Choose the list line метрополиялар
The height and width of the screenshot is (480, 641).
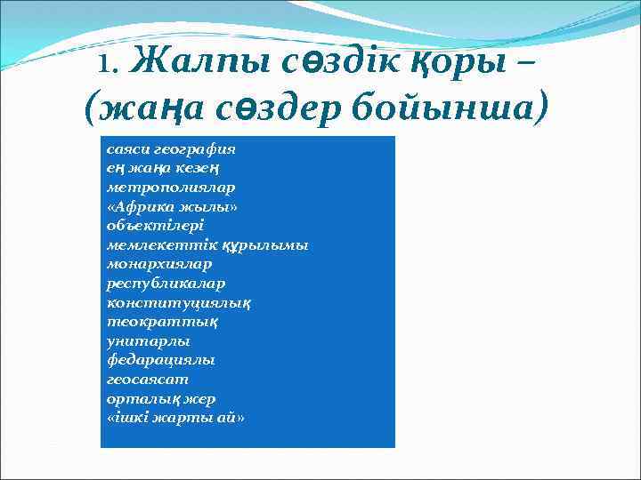point(158,188)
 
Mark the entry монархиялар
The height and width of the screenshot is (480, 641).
point(159,264)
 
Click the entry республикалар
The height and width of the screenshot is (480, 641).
point(166,283)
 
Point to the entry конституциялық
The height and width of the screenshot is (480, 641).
point(178,302)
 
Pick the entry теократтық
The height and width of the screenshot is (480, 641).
point(150,321)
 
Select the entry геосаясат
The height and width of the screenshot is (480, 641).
point(147,379)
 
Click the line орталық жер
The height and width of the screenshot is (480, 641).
point(160,398)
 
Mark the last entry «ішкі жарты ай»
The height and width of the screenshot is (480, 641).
point(174,417)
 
